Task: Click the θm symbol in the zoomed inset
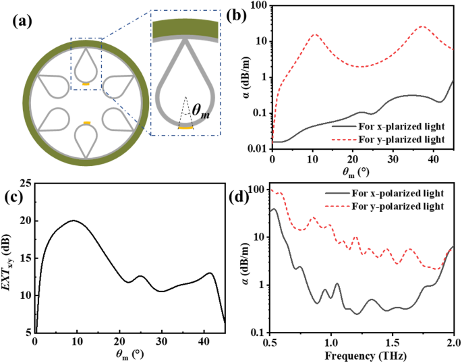tap(199, 113)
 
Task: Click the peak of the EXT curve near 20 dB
tap(74, 221)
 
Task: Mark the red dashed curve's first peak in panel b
tap(314, 34)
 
